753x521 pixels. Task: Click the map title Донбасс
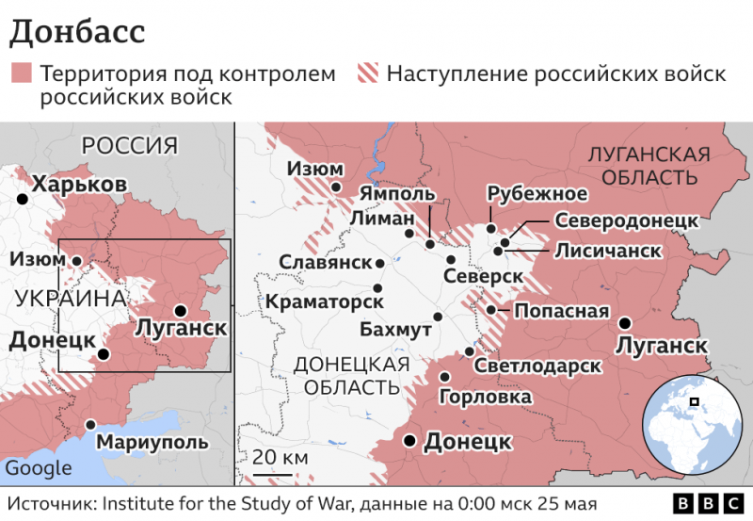click(77, 30)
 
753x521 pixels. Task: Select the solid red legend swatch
click(21, 73)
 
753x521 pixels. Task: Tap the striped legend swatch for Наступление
click(368, 73)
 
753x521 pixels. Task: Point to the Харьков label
click(79, 184)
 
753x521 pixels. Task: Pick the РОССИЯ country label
click(129, 145)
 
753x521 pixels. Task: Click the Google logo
click(39, 468)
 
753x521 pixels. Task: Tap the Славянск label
click(326, 262)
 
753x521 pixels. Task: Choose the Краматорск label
click(325, 302)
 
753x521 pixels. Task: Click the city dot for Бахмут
click(437, 317)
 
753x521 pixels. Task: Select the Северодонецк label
click(626, 220)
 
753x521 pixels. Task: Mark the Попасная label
click(561, 311)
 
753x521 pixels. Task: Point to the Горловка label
click(486, 398)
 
